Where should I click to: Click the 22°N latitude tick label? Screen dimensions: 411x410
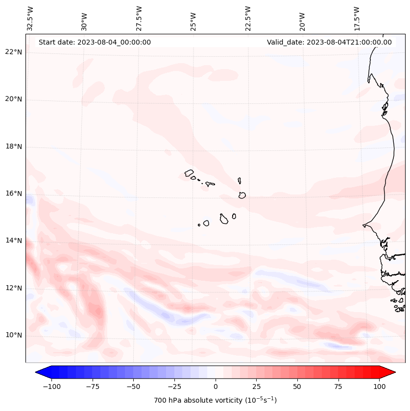tap(14, 52)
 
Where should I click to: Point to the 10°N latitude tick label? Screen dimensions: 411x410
tap(14, 335)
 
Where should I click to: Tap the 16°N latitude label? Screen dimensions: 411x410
tap(14, 193)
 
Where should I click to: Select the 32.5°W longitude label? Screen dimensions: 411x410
tap(30, 18)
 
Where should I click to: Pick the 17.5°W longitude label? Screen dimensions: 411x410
tap(357, 18)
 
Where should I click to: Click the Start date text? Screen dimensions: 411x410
tap(95, 42)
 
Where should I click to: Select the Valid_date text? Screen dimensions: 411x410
tap(329, 42)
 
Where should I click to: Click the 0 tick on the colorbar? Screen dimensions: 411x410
tap(216, 387)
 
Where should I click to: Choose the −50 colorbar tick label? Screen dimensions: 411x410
tap(133, 387)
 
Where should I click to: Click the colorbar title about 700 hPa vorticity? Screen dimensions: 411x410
tap(216, 400)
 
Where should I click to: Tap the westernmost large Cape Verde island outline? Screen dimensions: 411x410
tap(189, 173)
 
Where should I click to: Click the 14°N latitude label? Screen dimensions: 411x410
tap(14, 241)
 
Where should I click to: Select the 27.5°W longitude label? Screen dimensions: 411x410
tap(139, 18)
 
